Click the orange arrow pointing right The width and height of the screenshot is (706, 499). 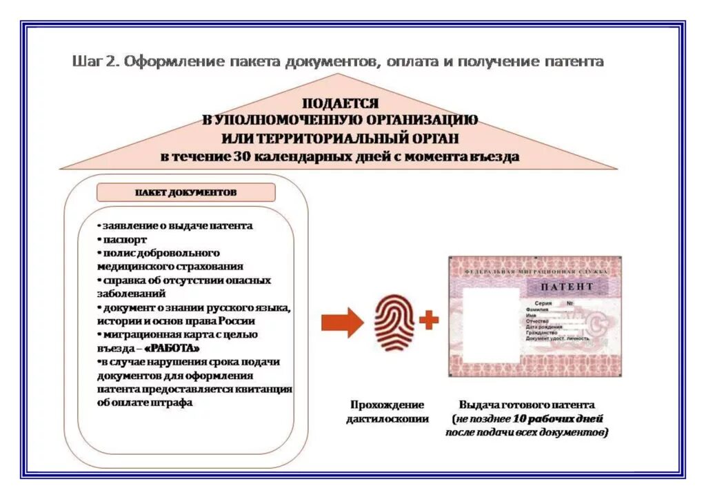pos(342,322)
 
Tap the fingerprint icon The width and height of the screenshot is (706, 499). pos(394,320)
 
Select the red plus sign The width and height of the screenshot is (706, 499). pos(429,320)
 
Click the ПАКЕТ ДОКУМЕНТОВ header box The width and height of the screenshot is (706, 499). pos(185,192)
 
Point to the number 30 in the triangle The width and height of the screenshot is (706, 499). pos(242,156)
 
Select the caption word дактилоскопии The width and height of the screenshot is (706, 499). pos(387,418)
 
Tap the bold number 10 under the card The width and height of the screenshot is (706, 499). pos(521,418)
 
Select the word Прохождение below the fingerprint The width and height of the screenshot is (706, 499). pos(387,405)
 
